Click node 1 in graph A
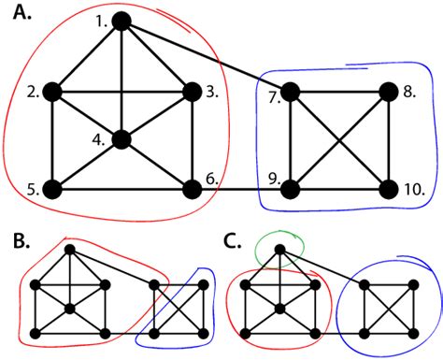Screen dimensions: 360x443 tap(121, 21)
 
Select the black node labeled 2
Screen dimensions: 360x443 tap(52, 92)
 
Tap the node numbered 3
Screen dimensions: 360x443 tap(192, 92)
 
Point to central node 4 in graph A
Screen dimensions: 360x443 tap(121, 140)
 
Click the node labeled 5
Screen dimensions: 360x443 tap(52, 188)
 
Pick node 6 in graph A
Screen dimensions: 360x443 tap(192, 188)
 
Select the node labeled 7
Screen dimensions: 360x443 tap(290, 92)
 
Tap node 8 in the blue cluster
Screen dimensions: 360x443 tap(388, 92)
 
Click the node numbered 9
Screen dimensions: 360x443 tap(290, 188)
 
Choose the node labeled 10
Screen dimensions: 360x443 tap(388, 188)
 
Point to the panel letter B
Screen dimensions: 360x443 tap(18, 243)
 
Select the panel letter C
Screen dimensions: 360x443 tap(234, 243)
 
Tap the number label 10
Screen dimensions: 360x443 tap(415, 190)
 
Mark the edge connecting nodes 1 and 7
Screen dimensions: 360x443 tap(206, 56)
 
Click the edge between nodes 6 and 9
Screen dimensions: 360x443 tap(241, 188)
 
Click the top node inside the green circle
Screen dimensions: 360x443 tap(280, 249)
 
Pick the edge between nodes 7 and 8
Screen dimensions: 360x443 tap(338, 92)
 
